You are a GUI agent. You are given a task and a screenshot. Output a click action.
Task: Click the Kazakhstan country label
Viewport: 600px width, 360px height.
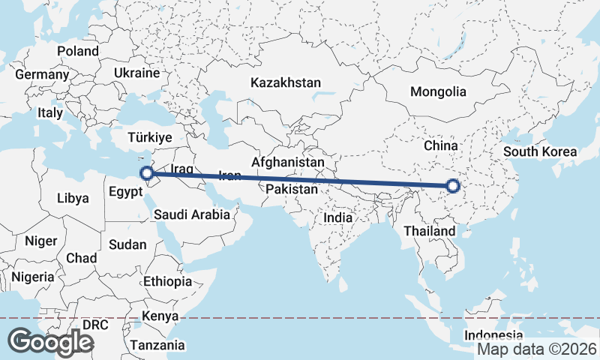tap(286, 82)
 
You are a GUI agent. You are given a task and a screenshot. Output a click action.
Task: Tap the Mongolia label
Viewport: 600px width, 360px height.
tap(437, 92)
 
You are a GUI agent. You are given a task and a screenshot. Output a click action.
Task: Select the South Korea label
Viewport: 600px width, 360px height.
tap(540, 151)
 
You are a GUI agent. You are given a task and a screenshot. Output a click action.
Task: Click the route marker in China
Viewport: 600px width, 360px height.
tap(452, 187)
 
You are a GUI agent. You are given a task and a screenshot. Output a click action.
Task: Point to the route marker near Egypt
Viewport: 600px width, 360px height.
tap(147, 175)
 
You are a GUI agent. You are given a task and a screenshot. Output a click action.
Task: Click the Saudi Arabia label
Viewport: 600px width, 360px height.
tap(191, 214)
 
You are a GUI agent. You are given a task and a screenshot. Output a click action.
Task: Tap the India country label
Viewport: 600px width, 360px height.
tap(337, 218)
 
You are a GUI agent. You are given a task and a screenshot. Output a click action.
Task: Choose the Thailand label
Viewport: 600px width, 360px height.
tap(429, 230)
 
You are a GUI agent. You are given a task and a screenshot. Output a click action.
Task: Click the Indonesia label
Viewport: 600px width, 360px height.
tap(493, 334)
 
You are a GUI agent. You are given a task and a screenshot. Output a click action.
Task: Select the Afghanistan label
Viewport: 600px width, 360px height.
tap(288, 162)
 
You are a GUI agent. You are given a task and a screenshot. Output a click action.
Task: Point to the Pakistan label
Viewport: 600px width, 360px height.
tap(292, 190)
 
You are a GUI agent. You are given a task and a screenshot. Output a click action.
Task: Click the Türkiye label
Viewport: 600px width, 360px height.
tap(150, 138)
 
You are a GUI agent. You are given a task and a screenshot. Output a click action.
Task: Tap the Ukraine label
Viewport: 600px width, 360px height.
tap(136, 73)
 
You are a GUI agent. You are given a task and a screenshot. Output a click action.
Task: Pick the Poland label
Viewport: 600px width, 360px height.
tap(77, 51)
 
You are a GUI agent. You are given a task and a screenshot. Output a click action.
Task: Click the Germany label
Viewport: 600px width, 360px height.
tap(41, 75)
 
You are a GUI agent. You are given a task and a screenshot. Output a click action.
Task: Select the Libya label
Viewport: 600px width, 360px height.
tap(73, 199)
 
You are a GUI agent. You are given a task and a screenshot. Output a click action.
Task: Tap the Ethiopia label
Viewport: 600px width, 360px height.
tap(168, 282)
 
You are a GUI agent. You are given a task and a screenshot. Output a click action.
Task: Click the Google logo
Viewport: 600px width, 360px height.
tap(50, 342)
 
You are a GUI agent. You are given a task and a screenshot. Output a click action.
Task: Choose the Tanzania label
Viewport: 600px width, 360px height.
tap(157, 345)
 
